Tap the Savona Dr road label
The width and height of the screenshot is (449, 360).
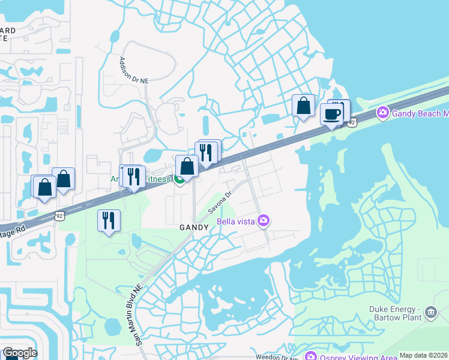220,203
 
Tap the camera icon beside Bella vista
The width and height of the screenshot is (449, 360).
263,222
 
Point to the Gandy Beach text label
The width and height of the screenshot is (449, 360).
419,113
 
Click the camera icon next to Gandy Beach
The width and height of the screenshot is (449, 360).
382,113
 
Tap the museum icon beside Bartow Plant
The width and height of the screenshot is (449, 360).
430,313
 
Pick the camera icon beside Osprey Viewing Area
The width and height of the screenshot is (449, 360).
310,356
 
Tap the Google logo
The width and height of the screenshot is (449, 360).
20,353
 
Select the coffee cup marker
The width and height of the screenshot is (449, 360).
331,114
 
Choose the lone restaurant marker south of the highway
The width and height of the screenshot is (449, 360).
109,220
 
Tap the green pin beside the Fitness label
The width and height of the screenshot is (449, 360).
179,181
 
